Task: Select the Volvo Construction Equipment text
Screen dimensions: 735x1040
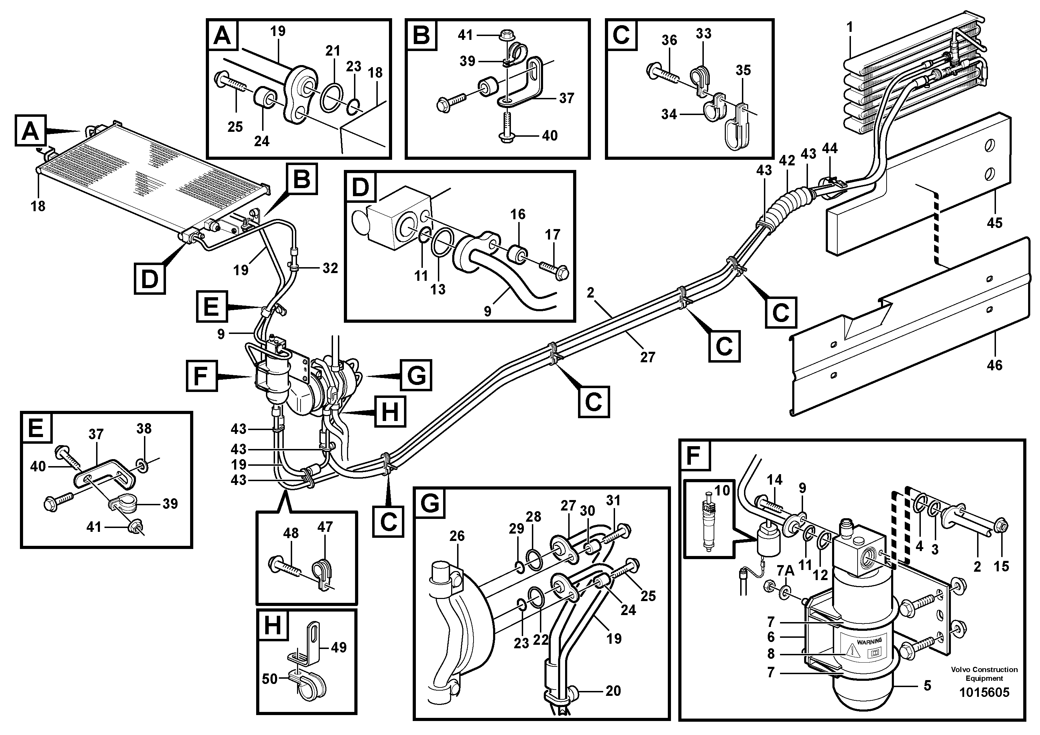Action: coord(984,673)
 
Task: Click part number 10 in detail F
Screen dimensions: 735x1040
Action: coord(722,490)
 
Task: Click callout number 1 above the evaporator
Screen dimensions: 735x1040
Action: coord(850,28)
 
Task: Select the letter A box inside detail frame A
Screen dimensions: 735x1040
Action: coord(222,35)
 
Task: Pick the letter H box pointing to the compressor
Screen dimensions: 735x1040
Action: coord(390,412)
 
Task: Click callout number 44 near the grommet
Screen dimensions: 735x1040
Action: coord(830,148)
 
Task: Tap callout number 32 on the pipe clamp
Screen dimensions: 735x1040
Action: coord(330,268)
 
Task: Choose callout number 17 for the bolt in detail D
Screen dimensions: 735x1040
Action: coord(552,234)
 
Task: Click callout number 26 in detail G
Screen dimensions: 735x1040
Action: coord(457,536)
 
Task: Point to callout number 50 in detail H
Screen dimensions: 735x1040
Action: coord(269,679)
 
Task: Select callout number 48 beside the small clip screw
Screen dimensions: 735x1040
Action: coord(290,533)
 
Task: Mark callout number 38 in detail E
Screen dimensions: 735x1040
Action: coord(144,429)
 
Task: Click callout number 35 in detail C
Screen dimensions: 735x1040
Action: coord(743,70)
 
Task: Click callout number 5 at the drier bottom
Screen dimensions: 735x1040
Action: coord(927,686)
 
